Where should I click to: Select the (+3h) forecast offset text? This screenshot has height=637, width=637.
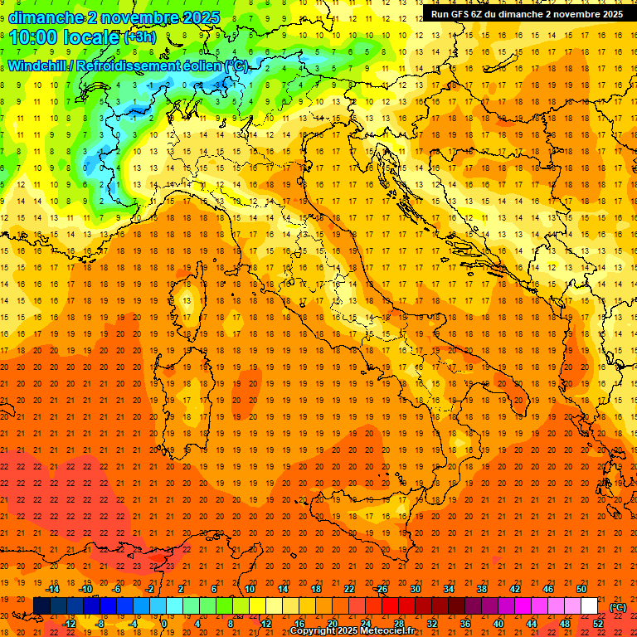(138, 37)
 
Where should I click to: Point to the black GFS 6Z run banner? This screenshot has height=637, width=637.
(527, 14)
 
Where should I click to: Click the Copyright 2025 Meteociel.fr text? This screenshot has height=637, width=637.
(352, 631)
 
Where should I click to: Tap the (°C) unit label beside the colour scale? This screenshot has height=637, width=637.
(618, 606)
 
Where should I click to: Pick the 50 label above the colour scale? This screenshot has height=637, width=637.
(581, 589)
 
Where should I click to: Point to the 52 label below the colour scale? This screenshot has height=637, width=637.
(597, 623)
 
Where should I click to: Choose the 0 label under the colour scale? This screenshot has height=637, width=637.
(164, 623)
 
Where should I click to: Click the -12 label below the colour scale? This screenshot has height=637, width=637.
(69, 623)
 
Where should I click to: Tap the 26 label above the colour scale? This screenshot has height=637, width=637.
(382, 589)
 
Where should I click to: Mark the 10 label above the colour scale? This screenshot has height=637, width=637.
(249, 589)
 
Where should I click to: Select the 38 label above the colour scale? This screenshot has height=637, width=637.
(482, 589)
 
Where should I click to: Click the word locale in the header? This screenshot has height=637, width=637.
(93, 37)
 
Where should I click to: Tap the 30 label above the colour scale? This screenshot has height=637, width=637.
(415, 589)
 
